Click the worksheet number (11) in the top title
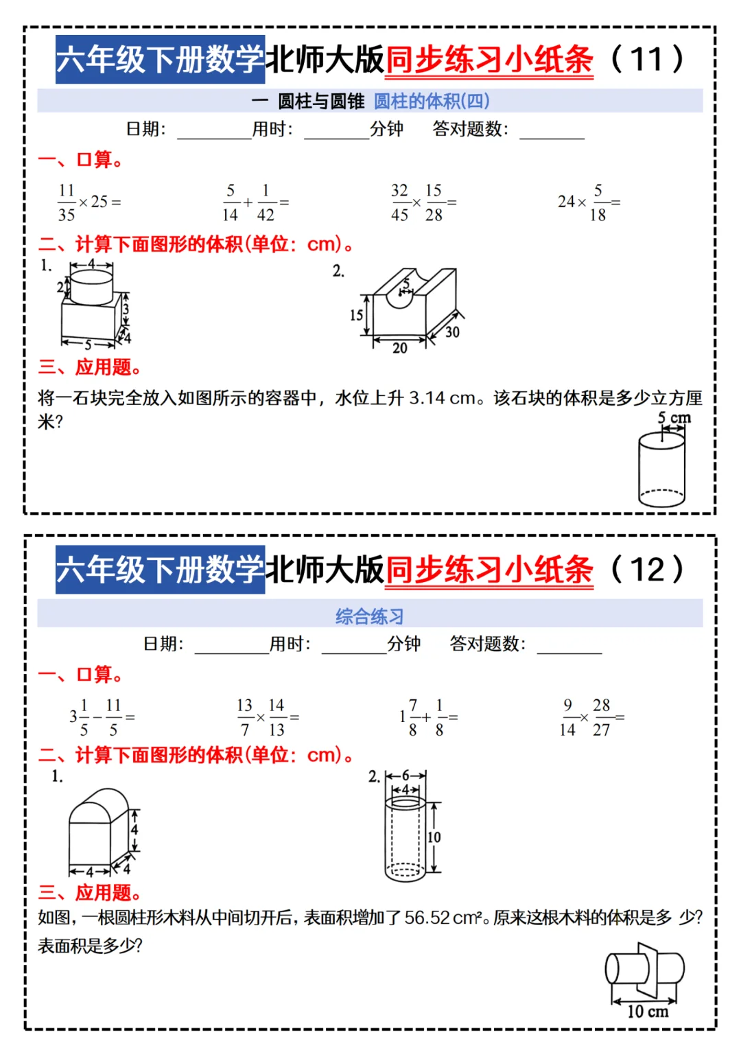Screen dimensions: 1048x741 click(x=646, y=59)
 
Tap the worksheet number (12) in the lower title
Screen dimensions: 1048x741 click(x=646, y=570)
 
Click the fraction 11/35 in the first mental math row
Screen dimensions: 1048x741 click(x=67, y=202)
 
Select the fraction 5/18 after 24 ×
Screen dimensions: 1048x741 click(x=598, y=202)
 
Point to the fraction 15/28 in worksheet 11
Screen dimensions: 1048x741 click(x=434, y=202)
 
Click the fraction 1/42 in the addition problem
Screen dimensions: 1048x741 click(x=266, y=202)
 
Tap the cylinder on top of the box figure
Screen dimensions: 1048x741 click(x=92, y=287)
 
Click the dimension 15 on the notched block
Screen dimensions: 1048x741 click(x=356, y=315)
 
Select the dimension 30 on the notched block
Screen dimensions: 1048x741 click(x=452, y=332)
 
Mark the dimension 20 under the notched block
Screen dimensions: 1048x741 click(x=400, y=348)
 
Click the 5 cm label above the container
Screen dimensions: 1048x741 click(x=674, y=417)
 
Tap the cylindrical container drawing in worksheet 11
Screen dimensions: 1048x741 click(x=661, y=470)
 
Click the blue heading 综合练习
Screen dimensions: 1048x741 click(x=369, y=616)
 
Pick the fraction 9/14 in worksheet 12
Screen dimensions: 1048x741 click(x=567, y=717)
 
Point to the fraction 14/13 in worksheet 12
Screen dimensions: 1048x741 click(x=277, y=717)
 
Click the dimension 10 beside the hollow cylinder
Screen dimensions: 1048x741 click(x=434, y=837)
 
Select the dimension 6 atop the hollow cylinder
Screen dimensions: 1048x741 click(x=405, y=776)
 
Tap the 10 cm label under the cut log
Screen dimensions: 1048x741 click(x=648, y=1011)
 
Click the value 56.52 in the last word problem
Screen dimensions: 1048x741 click(x=427, y=918)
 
